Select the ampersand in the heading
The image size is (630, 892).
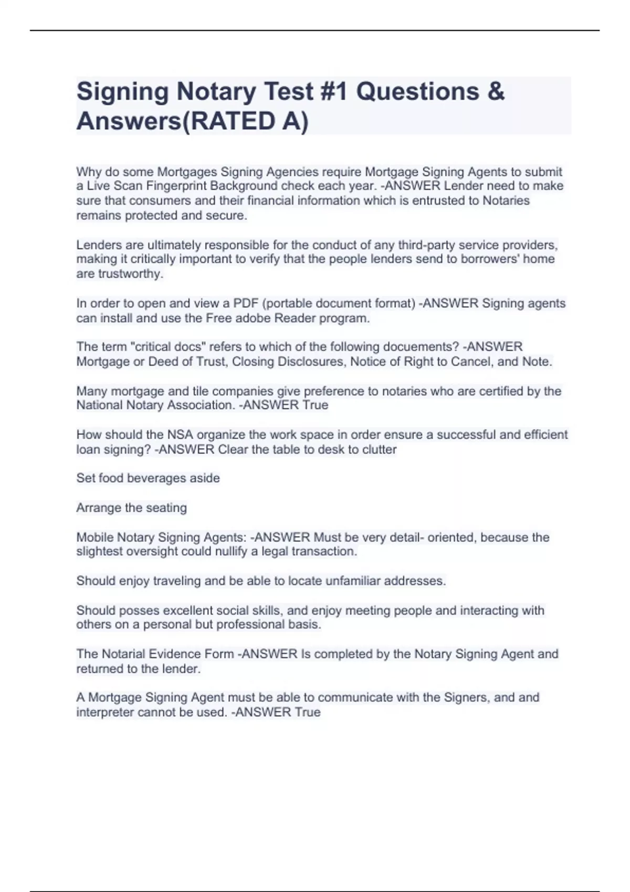click(496, 92)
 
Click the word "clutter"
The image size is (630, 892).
click(379, 450)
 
